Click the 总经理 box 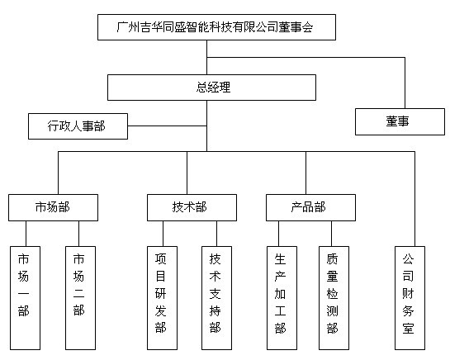(212, 88)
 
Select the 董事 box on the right (400, 121)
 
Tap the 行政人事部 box (78, 126)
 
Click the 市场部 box (53, 207)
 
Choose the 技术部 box (192, 207)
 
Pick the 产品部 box (310, 207)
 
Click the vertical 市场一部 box (25, 298)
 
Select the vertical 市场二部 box (80, 298)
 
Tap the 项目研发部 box (162, 298)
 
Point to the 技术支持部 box (216, 298)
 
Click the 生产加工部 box (282, 298)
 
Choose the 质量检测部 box (334, 298)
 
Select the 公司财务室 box (410, 298)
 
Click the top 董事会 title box (216, 27)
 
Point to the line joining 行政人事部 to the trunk (167, 126)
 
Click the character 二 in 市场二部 (78, 293)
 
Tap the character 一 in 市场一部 (23, 293)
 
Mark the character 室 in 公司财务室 (408, 328)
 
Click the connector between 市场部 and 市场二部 (79, 234)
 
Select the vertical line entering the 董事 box (405, 83)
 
